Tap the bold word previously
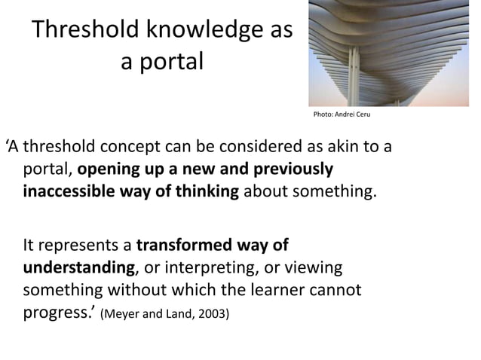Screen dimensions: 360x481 click(294, 168)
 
